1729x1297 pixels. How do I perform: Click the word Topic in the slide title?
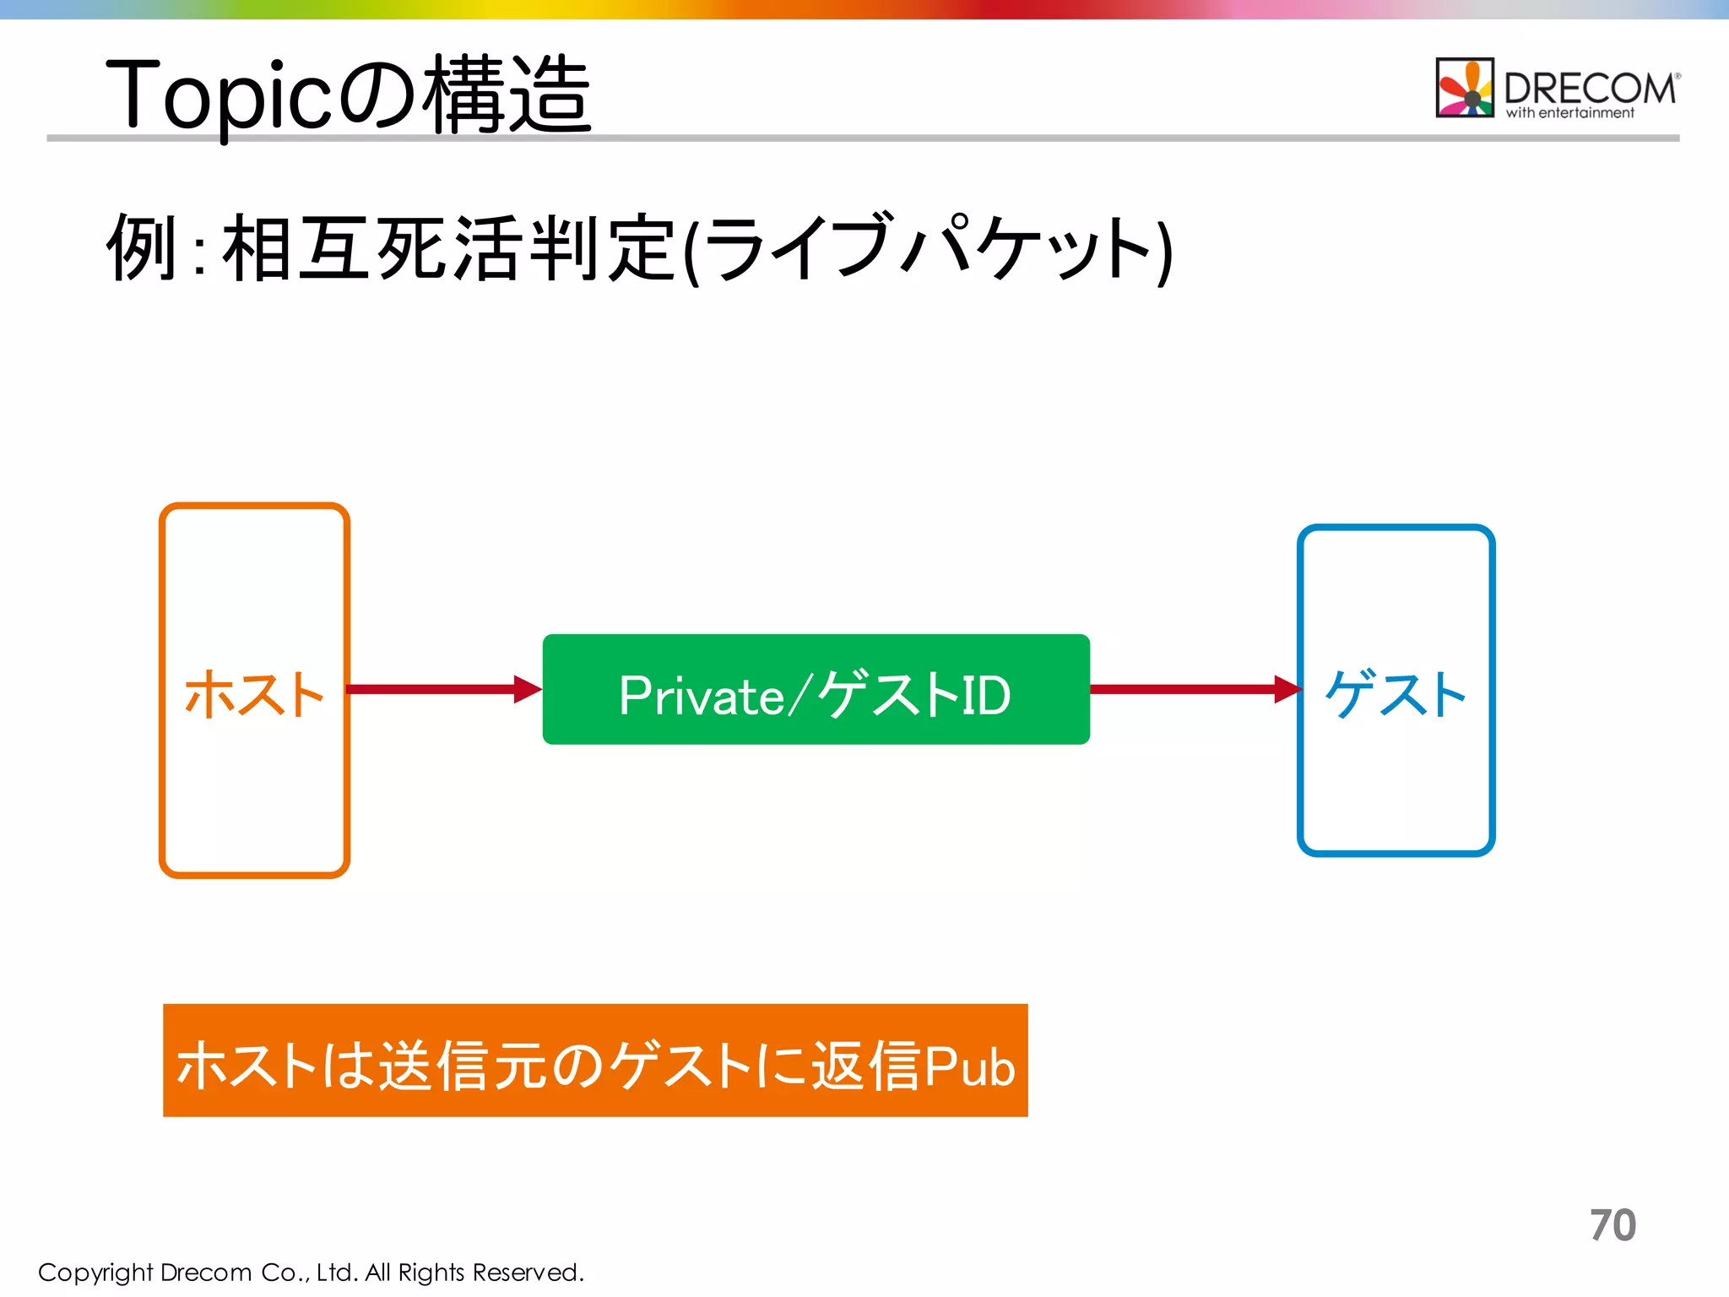coord(218,95)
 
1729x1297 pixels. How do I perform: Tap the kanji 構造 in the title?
coord(507,95)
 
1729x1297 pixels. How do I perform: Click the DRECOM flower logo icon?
coord(1465,87)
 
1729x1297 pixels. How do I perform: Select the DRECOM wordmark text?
coord(1590,88)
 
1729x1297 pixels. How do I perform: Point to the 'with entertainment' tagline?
coord(1569,113)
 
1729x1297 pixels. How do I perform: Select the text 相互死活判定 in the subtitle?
coord(447,247)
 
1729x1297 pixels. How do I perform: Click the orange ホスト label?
coord(253,694)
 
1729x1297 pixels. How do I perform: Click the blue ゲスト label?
coord(1396,694)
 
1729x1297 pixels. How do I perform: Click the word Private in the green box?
coord(701,696)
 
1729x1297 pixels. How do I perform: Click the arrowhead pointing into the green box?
coord(527,689)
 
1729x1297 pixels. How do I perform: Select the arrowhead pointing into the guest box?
coord(1287,689)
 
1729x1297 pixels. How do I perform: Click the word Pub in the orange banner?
coord(969,1066)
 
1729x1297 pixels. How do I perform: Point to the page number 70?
coord(1612,1225)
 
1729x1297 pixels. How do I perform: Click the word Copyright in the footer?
coord(95,1273)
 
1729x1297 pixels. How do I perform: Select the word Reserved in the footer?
coord(527,1273)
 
